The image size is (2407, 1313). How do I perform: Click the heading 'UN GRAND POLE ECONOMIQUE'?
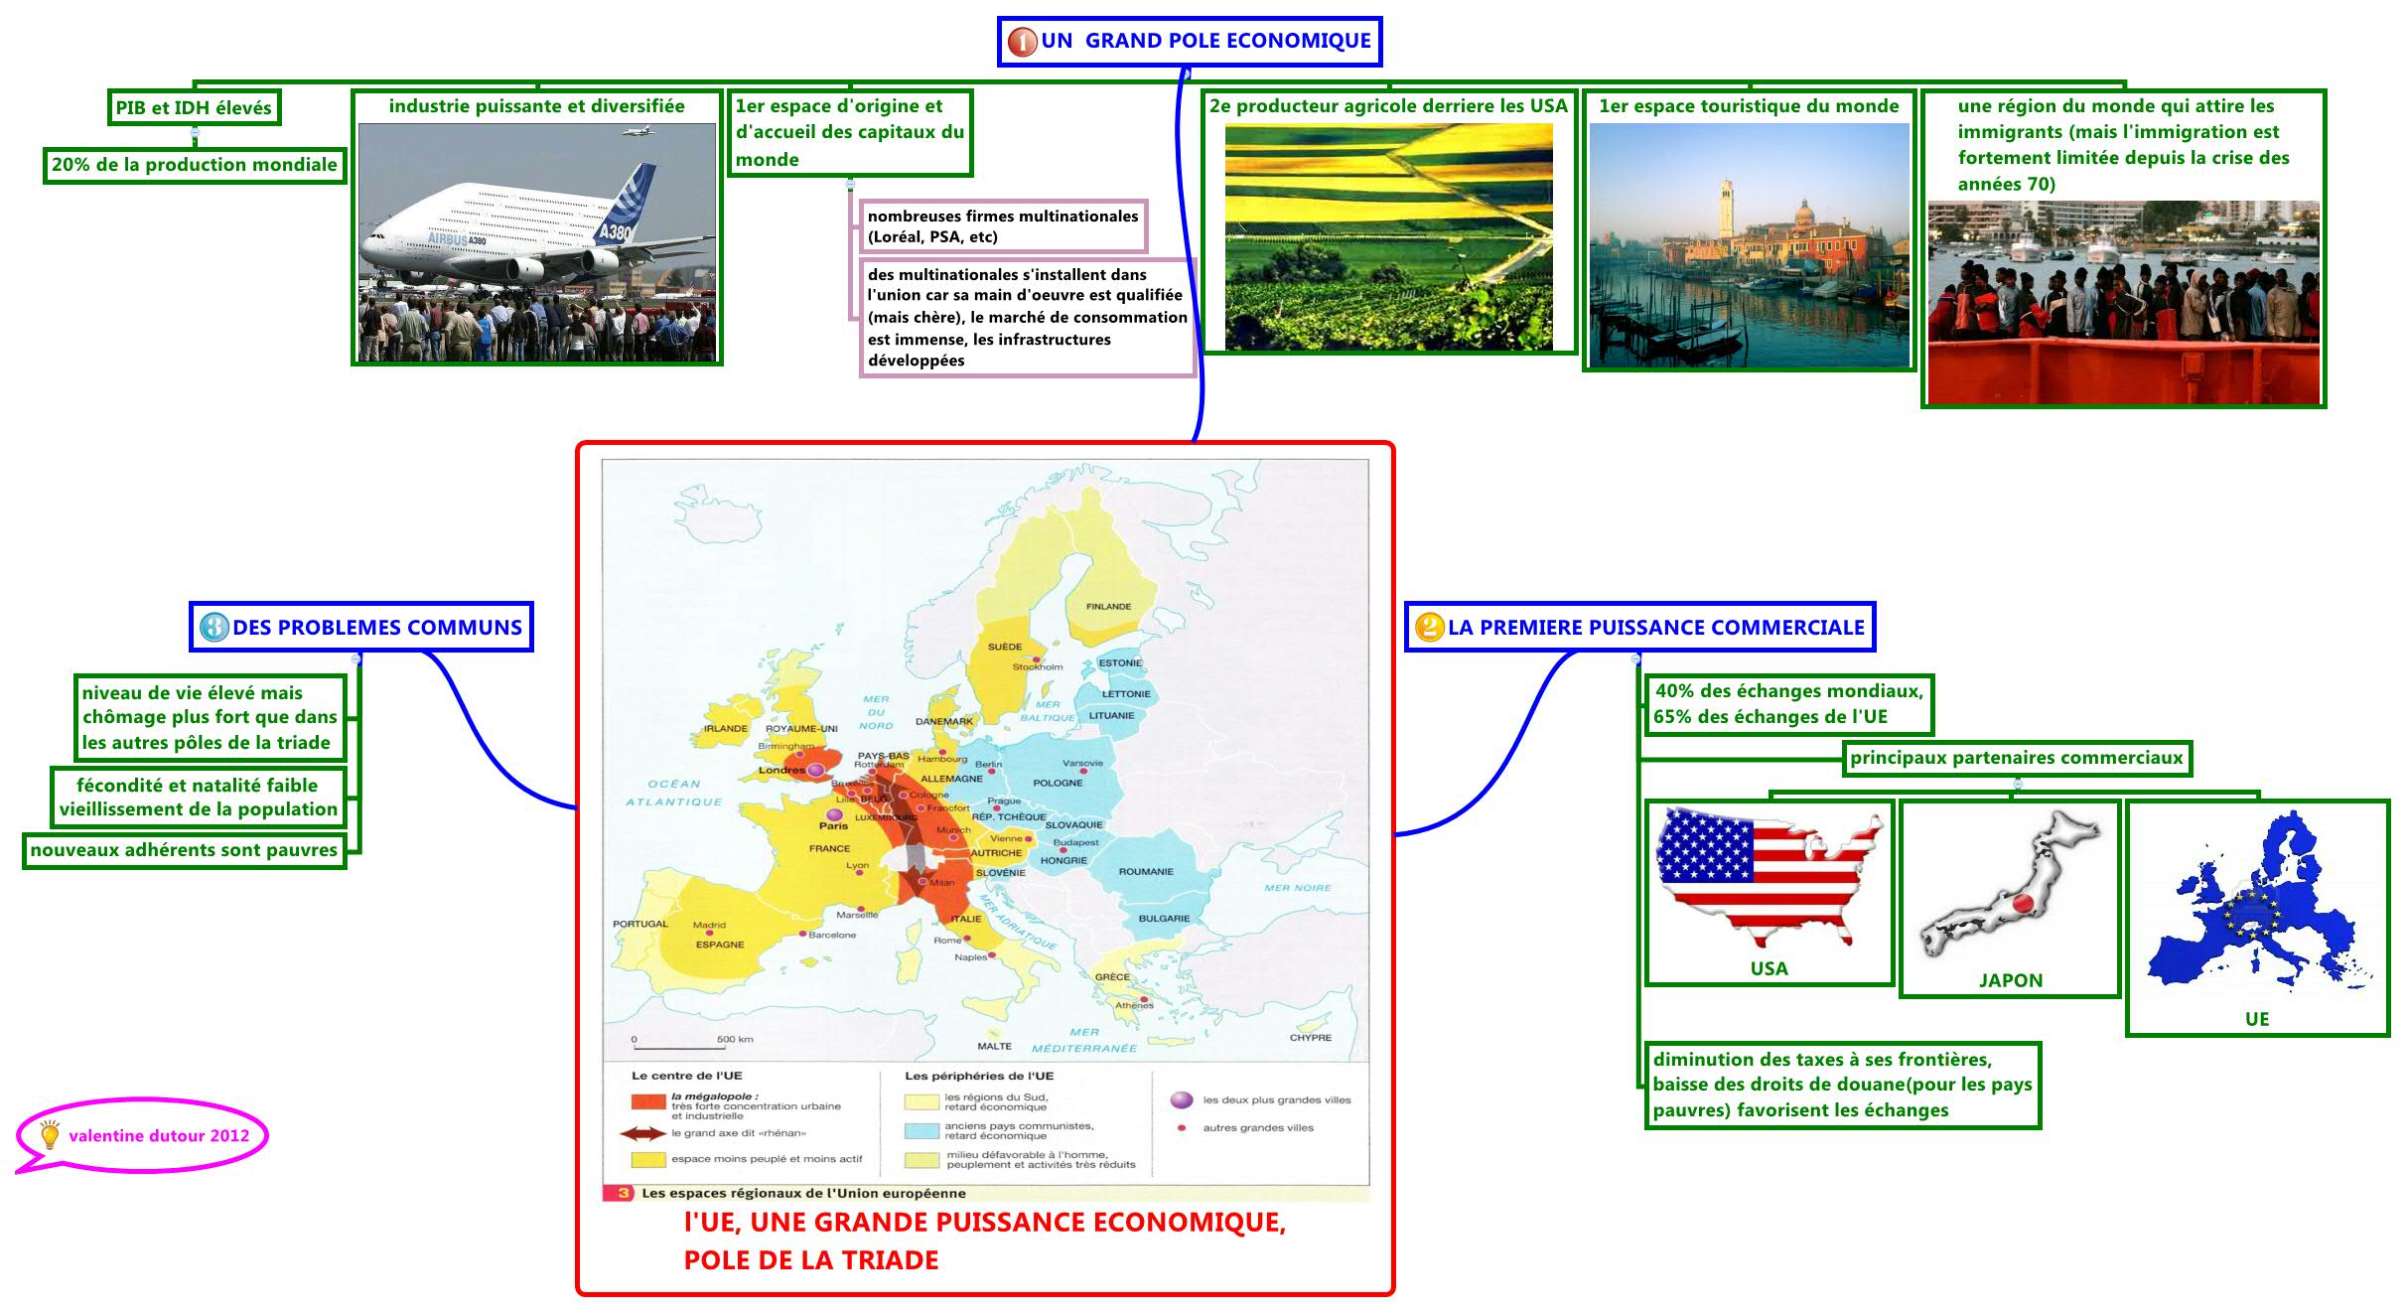click(x=1190, y=42)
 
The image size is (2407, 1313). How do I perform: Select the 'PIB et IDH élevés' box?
click(x=194, y=108)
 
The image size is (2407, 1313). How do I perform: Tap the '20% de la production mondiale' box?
click(x=194, y=165)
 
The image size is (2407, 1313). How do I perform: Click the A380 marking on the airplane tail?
click(x=615, y=232)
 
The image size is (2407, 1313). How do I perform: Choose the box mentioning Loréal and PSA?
click(x=1002, y=226)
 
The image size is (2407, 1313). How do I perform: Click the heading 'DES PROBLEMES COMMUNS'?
click(x=361, y=628)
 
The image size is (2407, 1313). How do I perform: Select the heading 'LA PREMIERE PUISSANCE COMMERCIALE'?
click(x=1640, y=628)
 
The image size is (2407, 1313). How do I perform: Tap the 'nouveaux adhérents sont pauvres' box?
click(x=184, y=850)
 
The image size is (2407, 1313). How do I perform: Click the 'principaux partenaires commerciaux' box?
click(x=2016, y=759)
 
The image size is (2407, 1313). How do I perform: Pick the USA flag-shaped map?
click(x=1768, y=874)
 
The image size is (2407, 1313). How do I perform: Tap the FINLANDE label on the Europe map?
click(x=1108, y=607)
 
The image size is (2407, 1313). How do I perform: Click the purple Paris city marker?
click(x=834, y=815)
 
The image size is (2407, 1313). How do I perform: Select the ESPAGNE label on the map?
click(x=719, y=945)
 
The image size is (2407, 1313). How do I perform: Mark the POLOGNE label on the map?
click(x=1058, y=783)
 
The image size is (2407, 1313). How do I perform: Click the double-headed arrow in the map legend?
click(x=642, y=1133)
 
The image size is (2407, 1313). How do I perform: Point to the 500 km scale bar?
click(x=676, y=1046)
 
